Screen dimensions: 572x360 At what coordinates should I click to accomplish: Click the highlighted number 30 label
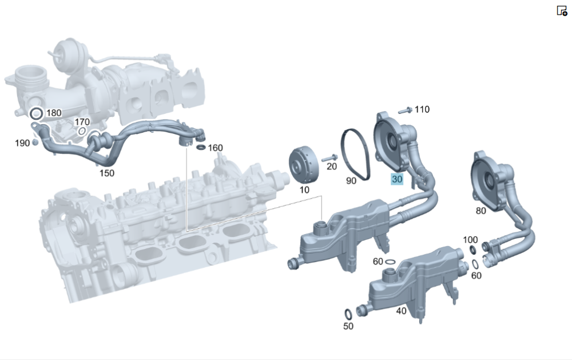397,179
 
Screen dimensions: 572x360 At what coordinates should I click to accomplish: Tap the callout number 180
54,113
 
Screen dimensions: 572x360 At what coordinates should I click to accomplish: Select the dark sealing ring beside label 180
36,113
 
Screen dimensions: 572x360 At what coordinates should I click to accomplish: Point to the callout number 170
82,121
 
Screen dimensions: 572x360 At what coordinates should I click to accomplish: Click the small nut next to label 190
35,142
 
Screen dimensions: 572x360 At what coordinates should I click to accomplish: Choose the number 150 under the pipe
107,173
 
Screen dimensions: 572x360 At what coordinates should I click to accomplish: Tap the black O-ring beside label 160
201,147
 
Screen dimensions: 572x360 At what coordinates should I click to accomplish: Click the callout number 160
215,148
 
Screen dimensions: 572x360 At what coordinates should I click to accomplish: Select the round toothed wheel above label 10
304,166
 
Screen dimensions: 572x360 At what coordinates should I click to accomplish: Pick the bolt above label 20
330,159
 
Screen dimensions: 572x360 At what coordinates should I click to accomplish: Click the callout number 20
332,167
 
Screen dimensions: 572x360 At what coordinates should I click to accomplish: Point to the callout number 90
351,181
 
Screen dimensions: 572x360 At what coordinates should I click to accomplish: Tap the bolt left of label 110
406,110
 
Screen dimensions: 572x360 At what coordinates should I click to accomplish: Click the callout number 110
422,109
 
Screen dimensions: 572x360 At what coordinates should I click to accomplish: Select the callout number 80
481,211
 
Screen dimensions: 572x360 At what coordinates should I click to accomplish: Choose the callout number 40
402,311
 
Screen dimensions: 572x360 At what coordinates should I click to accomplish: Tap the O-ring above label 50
348,314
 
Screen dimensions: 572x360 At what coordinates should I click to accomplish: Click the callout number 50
348,326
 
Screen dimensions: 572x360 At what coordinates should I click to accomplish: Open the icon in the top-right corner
562,11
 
